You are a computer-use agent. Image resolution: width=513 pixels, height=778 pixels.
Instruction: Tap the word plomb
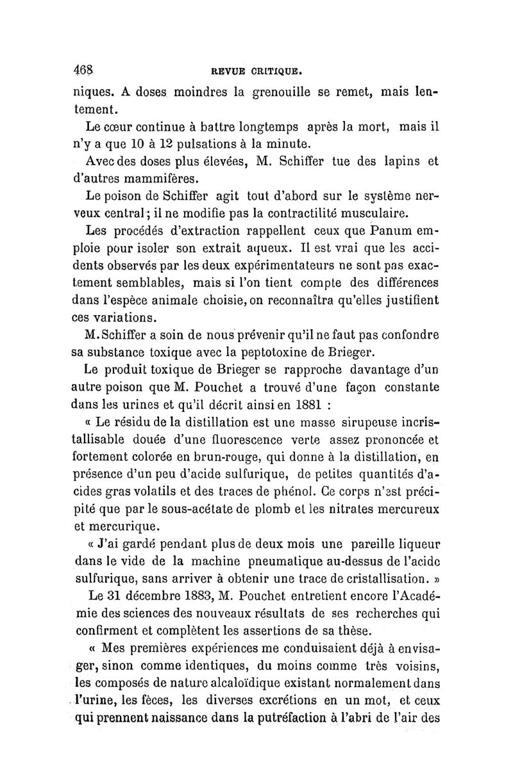pos(256,508)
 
